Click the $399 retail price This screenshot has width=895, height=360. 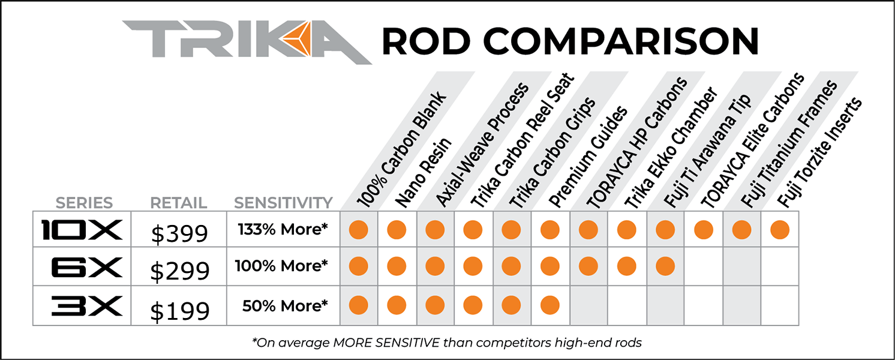[x=179, y=233]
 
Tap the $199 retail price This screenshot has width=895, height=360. [x=179, y=310]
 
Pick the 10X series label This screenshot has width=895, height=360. [x=82, y=230]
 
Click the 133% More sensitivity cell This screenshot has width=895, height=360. [x=283, y=229]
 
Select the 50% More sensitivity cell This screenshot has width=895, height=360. [x=285, y=305]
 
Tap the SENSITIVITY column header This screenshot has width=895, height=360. [x=283, y=203]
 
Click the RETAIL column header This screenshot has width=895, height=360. [x=179, y=203]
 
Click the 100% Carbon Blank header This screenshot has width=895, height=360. [x=402, y=149]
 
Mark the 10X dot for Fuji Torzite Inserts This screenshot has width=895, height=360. [x=779, y=229]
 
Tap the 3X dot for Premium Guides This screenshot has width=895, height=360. [x=549, y=305]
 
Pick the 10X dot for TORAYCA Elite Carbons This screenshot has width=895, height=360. [x=703, y=229]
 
